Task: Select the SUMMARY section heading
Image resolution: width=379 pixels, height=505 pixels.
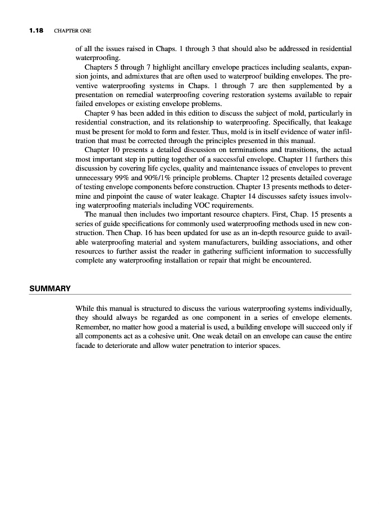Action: point(50,288)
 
